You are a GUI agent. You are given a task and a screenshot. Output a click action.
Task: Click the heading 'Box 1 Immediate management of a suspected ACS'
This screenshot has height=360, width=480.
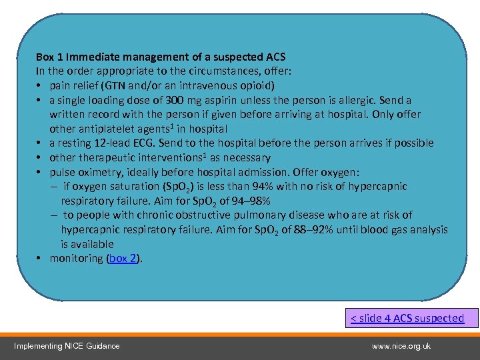pyautogui.click(x=160, y=57)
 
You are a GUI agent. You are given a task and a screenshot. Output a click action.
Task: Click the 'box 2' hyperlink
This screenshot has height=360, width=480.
pyautogui.click(x=123, y=259)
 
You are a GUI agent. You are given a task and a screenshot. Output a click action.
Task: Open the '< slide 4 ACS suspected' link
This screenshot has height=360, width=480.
pyautogui.click(x=407, y=318)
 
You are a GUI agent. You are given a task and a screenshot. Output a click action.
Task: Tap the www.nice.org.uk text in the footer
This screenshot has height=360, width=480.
pyautogui.click(x=401, y=345)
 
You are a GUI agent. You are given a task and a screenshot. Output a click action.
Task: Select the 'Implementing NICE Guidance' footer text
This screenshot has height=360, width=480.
pyautogui.click(x=67, y=345)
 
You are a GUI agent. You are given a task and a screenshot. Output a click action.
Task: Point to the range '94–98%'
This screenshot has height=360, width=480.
pyautogui.click(x=248, y=201)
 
